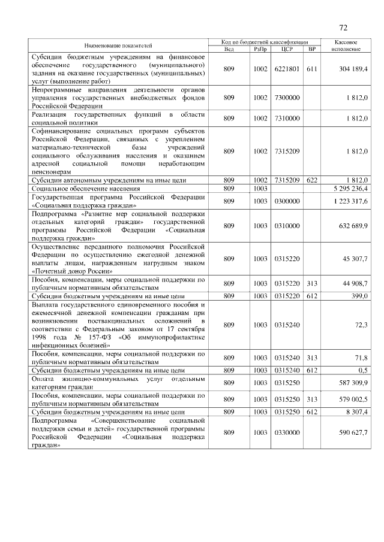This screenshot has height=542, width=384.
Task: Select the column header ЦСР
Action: coord(286,49)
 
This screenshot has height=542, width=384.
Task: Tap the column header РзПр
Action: coord(260,49)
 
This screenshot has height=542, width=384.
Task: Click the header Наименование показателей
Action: coord(118,46)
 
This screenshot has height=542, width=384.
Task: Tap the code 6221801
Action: coord(286,69)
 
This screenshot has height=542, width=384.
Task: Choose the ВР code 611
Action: coord(311,69)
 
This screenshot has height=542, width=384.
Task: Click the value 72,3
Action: coord(361,325)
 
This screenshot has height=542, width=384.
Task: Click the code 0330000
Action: coord(286,433)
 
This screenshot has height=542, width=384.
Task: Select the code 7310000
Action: coord(286,119)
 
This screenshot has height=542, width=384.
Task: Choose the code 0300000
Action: coord(286,201)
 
